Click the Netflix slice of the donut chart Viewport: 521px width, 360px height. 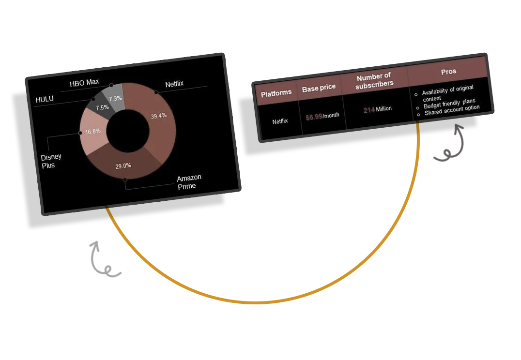[x=160, y=121]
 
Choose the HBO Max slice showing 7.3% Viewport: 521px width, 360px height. [x=115, y=96]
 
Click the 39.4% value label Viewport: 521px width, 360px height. [x=158, y=115]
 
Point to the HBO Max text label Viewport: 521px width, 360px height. [x=84, y=83]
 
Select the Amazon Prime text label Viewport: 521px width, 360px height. [x=189, y=182]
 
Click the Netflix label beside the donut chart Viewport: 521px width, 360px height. [x=174, y=84]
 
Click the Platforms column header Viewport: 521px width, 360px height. [x=276, y=93]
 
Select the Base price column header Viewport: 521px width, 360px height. [x=319, y=88]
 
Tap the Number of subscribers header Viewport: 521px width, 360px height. [x=373, y=80]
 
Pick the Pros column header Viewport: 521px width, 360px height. [x=448, y=72]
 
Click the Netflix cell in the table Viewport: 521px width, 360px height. [x=280, y=121]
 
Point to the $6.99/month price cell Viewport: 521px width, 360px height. [x=322, y=117]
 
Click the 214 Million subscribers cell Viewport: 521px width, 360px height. [x=378, y=110]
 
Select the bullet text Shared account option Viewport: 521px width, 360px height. [x=452, y=110]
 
